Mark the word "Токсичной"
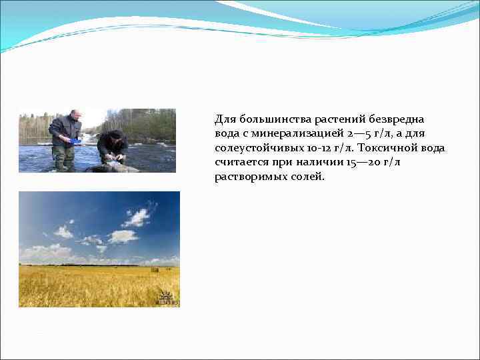389,148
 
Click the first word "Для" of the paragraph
223,119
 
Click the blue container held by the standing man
75,141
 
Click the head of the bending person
117,135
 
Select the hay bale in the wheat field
155,269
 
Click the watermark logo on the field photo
167,299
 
